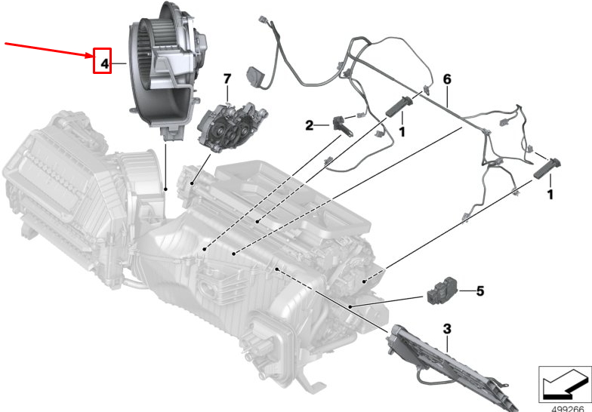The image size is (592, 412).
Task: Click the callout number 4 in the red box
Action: (104, 63)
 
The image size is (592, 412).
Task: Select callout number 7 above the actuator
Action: (227, 78)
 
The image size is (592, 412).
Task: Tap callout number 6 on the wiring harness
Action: (447, 79)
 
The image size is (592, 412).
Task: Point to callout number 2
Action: (310, 125)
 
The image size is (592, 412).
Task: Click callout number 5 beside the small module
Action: (480, 291)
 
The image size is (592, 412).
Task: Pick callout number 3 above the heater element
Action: (447, 329)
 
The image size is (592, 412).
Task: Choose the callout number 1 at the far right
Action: (550, 195)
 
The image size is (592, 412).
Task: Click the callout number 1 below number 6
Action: (402, 131)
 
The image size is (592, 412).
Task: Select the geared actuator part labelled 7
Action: (231, 128)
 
